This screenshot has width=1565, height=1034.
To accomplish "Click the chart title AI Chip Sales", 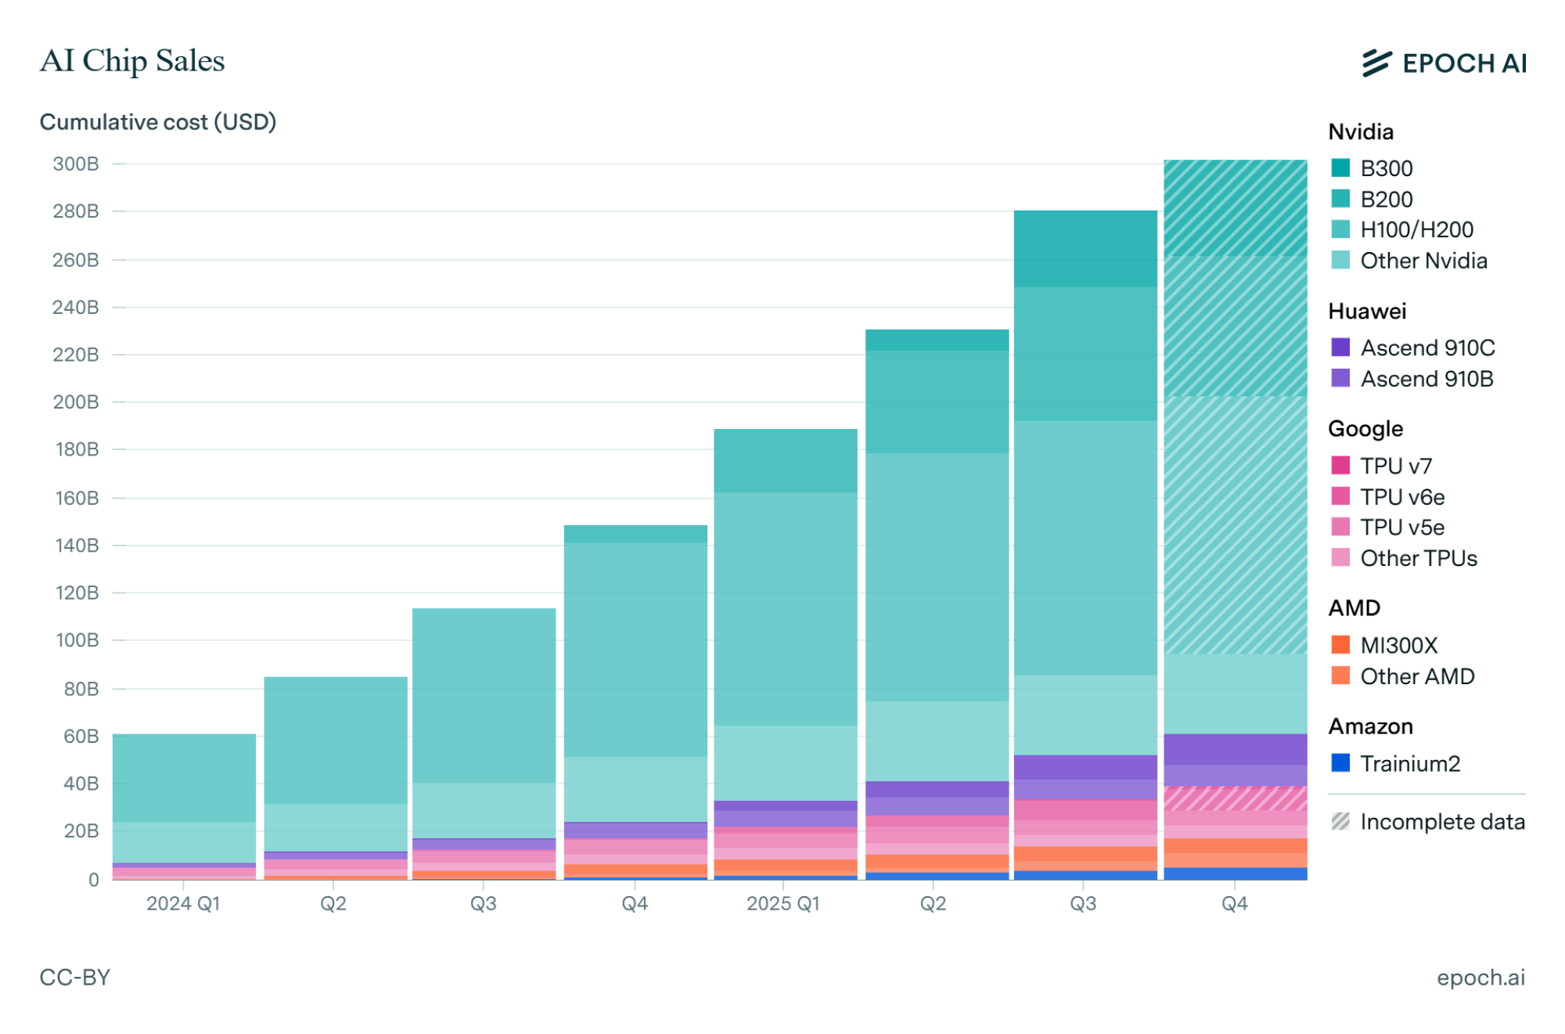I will tap(132, 61).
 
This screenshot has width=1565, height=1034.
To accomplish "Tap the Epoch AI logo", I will tap(1444, 63).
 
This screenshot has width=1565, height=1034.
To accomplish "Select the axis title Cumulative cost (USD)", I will tap(157, 122).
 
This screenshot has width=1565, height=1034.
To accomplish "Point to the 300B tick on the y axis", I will tap(76, 164).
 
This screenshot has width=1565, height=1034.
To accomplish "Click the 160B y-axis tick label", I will tap(76, 498).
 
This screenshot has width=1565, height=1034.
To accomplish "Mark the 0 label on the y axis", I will tap(93, 879).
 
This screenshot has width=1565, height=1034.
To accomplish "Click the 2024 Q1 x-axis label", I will tap(183, 903).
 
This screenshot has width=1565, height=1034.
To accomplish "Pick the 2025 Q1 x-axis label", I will tap(783, 903).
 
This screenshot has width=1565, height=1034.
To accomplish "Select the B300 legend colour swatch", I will tap(1340, 168).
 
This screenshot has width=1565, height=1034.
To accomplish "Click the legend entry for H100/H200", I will tap(1416, 229).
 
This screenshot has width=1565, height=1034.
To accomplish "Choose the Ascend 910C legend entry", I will tap(1427, 348).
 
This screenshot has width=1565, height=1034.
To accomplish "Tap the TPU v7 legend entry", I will tap(1396, 466).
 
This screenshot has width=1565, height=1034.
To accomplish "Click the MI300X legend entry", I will tap(1399, 645).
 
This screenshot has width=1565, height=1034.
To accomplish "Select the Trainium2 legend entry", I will tap(1410, 763).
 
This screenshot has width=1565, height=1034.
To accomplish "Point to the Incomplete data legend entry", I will tap(1442, 822).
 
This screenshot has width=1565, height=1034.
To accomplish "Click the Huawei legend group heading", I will tap(1367, 311).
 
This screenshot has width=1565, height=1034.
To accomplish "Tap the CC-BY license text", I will tap(75, 977).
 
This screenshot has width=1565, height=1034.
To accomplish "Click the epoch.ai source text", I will tap(1480, 977).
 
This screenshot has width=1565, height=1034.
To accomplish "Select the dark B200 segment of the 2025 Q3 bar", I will tap(1085, 248).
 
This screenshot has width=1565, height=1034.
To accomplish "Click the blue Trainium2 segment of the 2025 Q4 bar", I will tap(1235, 874).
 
